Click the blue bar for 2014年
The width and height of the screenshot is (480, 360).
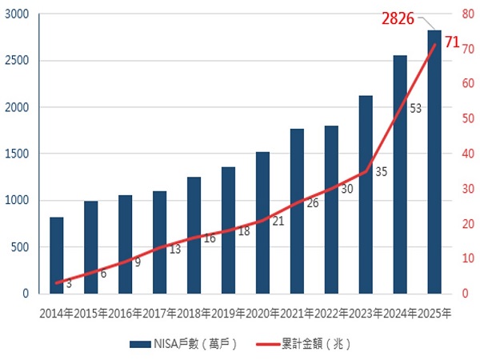[56, 256]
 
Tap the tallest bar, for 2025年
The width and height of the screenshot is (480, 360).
[434, 160]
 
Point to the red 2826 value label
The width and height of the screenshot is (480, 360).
[398, 18]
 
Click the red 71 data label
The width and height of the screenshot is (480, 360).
[452, 42]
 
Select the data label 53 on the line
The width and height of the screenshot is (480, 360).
[415, 108]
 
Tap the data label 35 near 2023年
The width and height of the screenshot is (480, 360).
[381, 171]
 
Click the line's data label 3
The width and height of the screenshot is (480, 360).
[69, 283]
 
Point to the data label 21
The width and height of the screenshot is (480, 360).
[278, 221]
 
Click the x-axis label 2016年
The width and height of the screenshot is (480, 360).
[125, 314]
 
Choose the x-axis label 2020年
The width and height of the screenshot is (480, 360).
[262, 314]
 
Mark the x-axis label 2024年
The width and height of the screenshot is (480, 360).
[400, 314]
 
